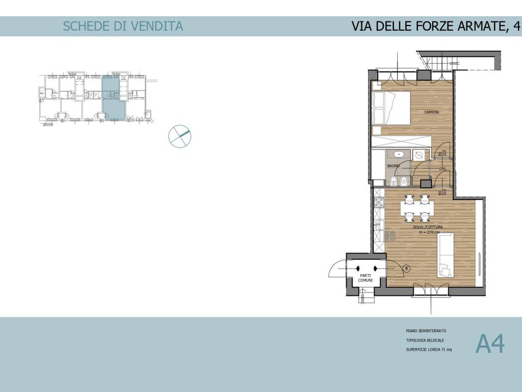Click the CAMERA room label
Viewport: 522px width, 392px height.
tap(431, 112)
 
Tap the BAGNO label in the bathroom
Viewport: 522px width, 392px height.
tap(393, 166)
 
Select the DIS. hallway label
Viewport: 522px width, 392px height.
tap(442, 169)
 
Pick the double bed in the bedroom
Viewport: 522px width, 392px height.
tap(391, 108)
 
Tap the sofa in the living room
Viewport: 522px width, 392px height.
tap(445, 254)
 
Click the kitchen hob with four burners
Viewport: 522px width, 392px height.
tap(379, 203)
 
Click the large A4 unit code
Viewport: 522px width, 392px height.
tap(490, 344)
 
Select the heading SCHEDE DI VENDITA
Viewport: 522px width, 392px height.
tap(122, 26)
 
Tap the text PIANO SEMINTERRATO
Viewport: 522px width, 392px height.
tap(426, 331)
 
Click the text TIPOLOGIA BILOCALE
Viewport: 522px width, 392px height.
tap(425, 340)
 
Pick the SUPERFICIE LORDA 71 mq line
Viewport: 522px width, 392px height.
tap(429, 350)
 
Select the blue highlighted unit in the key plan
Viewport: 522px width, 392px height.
tap(113, 98)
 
